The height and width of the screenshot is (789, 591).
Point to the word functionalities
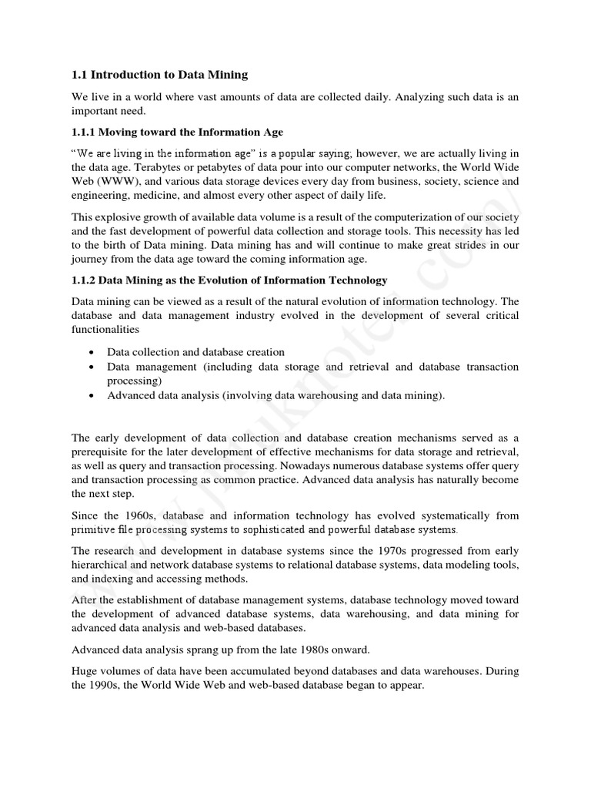(105, 329)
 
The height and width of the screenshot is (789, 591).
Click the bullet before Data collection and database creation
(92, 352)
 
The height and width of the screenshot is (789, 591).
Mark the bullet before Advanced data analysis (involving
(92, 395)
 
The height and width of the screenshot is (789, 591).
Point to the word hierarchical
(102, 565)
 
